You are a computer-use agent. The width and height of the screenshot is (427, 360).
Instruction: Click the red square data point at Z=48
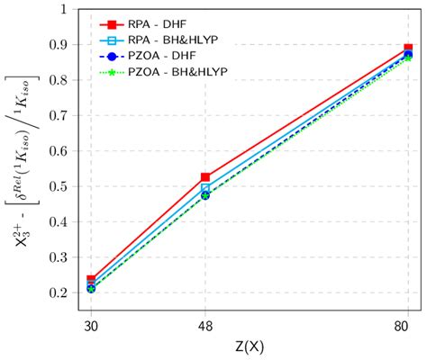(x=205, y=178)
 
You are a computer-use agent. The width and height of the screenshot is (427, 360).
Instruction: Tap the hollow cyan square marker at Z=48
(x=205, y=188)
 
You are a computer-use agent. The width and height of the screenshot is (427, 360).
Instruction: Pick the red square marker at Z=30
(x=91, y=280)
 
